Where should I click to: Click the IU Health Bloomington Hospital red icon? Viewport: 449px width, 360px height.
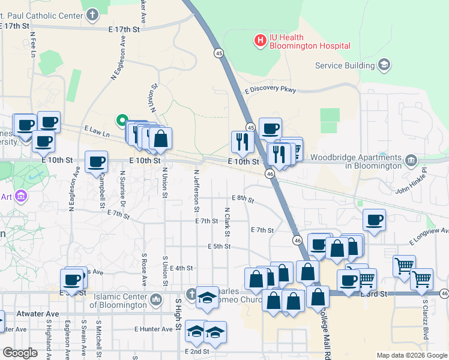pyautogui.click(x=261, y=41)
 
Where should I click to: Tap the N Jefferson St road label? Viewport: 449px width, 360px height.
pyautogui.click(x=196, y=191)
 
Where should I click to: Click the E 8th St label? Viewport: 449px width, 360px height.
pyautogui.click(x=243, y=198)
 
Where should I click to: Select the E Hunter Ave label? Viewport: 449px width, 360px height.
pyautogui.click(x=154, y=329)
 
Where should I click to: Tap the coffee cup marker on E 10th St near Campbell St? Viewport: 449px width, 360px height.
pyautogui.click(x=96, y=161)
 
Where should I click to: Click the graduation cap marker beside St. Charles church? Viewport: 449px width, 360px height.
pyautogui.click(x=207, y=296)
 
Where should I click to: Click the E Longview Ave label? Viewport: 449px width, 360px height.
pyautogui.click(x=429, y=235)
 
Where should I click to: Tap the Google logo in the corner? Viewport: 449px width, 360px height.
pyautogui.click(x=20, y=353)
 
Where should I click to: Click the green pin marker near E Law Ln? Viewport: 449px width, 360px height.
pyautogui.click(x=122, y=121)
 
